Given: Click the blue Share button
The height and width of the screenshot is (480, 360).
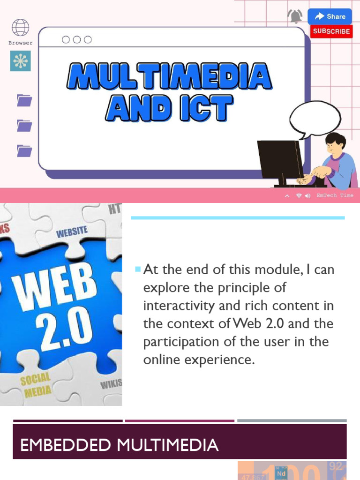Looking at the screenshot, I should coord(330,16).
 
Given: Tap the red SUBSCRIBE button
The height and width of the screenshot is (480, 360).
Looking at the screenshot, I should coord(331,31).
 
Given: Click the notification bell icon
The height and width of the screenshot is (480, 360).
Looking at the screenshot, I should coord(295,16).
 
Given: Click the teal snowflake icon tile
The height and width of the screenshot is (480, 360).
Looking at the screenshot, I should coord(20,61).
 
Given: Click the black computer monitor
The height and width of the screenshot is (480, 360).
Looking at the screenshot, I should coord(280,159).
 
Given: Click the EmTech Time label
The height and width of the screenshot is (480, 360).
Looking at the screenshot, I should coord(335,195).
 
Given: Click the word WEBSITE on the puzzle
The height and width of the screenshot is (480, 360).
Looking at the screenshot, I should coord(72,231).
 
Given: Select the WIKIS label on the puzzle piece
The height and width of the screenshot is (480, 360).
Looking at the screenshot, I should coord(111,384).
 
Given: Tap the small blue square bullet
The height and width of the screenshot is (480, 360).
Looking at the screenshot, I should coord(137,269).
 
